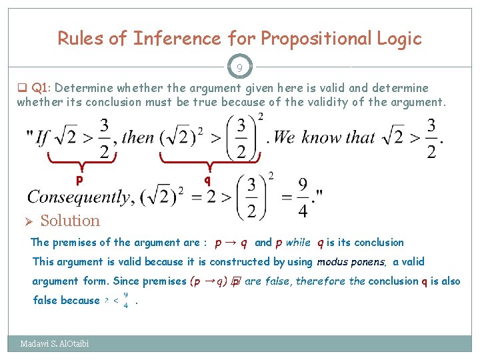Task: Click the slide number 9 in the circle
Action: point(239,67)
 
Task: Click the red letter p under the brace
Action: point(79,179)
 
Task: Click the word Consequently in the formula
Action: point(78,197)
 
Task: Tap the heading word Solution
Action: point(70,221)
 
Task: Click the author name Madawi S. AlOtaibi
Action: point(55,344)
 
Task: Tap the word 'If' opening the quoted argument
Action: point(42,139)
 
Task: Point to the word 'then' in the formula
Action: point(139,139)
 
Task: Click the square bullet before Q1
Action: point(21,88)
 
